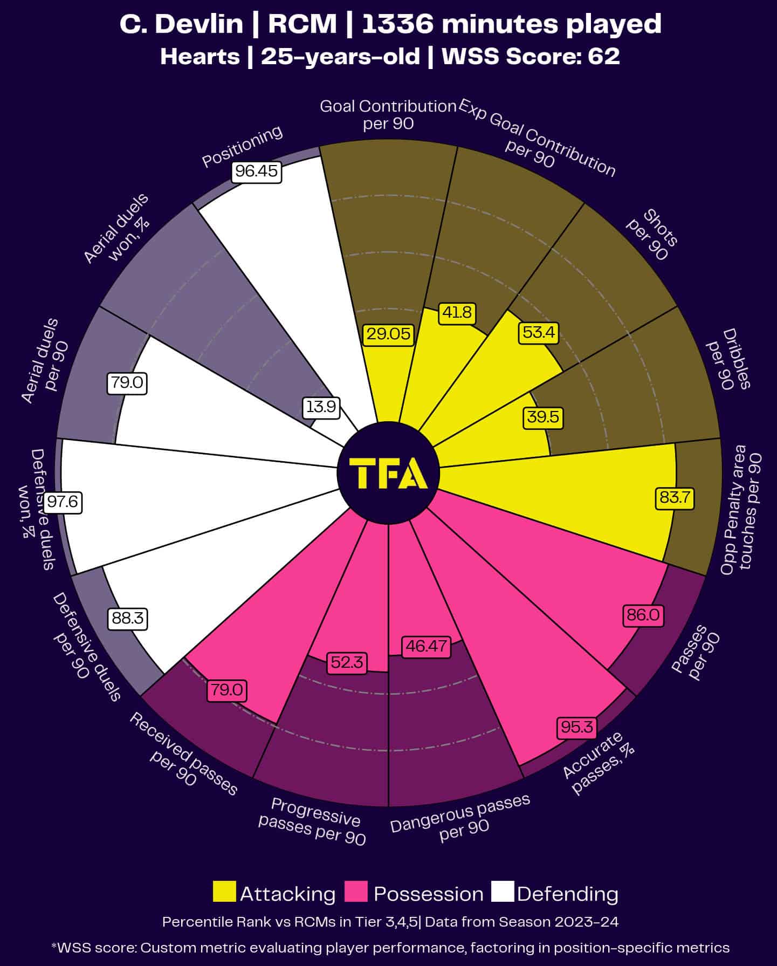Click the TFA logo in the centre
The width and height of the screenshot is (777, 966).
(388, 473)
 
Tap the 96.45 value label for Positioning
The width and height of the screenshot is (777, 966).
(257, 172)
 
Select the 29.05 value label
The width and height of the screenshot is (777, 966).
(388, 334)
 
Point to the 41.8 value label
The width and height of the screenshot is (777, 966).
(457, 312)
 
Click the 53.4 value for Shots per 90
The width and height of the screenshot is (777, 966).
(539, 332)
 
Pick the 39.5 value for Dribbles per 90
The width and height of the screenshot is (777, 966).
(543, 417)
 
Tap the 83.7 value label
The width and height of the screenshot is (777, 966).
(675, 497)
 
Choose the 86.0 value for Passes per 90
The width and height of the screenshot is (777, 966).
(643, 614)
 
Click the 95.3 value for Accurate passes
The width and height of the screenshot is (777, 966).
(576, 727)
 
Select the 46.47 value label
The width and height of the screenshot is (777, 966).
(427, 646)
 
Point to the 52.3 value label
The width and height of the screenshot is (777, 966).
(347, 662)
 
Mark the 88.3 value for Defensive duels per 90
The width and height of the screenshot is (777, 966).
(127, 618)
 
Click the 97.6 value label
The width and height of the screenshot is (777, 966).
(63, 502)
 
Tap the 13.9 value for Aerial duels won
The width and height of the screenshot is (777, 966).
(321, 407)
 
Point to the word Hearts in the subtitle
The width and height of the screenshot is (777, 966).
(200, 57)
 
